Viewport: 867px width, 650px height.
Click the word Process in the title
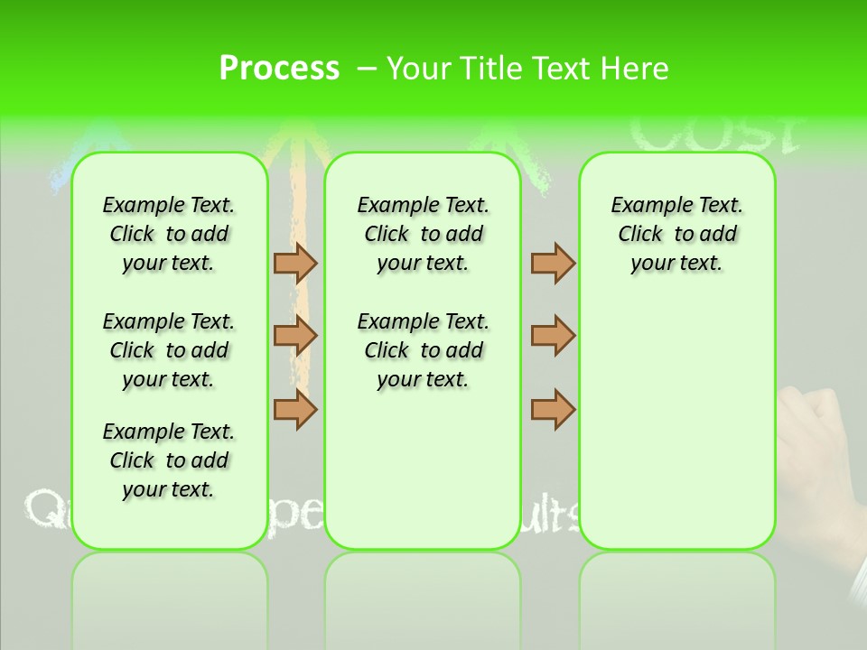pyautogui.click(x=279, y=69)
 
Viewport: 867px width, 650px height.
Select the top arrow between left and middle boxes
pyautogui.click(x=295, y=263)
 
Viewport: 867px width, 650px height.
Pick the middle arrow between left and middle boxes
pyautogui.click(x=295, y=336)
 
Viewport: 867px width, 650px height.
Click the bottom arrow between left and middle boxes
pyautogui.click(x=295, y=409)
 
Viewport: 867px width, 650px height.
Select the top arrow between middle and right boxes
pyautogui.click(x=553, y=263)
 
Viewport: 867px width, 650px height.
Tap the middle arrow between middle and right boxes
pyautogui.click(x=553, y=336)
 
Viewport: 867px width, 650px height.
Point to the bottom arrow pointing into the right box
pyautogui.click(x=553, y=409)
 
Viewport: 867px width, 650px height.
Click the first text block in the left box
pyautogui.click(x=169, y=234)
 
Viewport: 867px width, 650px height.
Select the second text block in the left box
pyautogui.click(x=169, y=350)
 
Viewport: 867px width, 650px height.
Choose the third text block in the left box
pyautogui.click(x=169, y=460)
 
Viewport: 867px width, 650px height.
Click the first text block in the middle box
pyautogui.click(x=424, y=234)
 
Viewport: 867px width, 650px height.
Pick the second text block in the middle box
pyautogui.click(x=424, y=350)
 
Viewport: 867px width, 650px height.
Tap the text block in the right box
pyautogui.click(x=677, y=234)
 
